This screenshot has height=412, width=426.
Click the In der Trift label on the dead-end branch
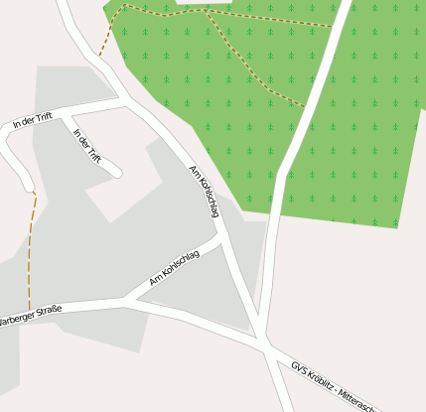click(x=88, y=145)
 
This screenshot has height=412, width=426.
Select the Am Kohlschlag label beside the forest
click(x=204, y=191)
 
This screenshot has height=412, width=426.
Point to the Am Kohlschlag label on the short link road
click(x=175, y=268)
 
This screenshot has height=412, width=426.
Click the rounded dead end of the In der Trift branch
click(x=116, y=173)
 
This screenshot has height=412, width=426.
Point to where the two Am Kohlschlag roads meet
click(x=219, y=237)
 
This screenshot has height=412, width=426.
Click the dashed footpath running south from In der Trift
click(x=31, y=248)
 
